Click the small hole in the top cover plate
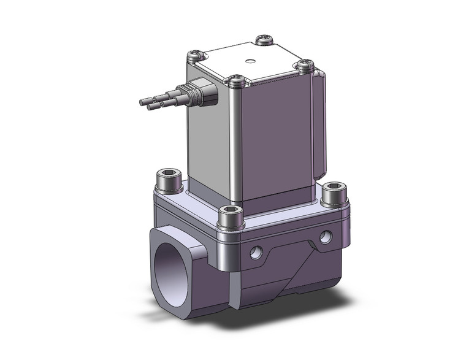(x=250, y=61)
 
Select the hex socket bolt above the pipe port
(x=168, y=179)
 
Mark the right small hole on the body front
(x=324, y=236)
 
